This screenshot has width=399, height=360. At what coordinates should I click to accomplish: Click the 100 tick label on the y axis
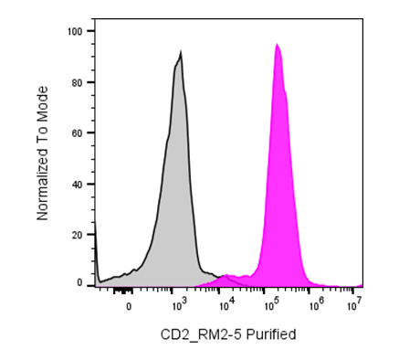(x=75, y=31)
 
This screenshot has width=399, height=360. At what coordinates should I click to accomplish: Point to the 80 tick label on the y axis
(x=78, y=82)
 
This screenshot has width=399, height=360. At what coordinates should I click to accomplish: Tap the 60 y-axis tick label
(x=78, y=133)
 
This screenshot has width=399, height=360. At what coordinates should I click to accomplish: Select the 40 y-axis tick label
(x=78, y=185)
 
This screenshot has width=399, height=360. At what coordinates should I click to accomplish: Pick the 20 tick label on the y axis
(x=78, y=235)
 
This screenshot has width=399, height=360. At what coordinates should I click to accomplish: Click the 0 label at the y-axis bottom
(x=79, y=283)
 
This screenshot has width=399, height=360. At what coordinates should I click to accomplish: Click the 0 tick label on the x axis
(x=129, y=306)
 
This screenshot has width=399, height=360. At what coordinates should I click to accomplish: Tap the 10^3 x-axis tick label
(x=179, y=305)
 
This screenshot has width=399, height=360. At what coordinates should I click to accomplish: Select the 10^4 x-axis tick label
(x=226, y=305)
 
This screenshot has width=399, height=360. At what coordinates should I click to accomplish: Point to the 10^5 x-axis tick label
(x=272, y=305)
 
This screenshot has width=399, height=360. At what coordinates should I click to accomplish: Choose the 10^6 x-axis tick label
(x=317, y=305)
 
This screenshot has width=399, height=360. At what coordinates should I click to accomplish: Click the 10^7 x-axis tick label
(x=354, y=305)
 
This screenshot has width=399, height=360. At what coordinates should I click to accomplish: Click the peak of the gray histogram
(x=181, y=51)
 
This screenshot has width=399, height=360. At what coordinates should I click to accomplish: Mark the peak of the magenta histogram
(x=277, y=44)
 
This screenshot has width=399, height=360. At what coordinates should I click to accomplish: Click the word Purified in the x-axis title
(x=271, y=334)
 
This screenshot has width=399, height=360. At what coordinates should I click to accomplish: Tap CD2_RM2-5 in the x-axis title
(x=202, y=334)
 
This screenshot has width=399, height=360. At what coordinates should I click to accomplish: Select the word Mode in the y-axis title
(x=42, y=98)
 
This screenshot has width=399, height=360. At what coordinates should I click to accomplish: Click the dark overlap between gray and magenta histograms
(x=226, y=281)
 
